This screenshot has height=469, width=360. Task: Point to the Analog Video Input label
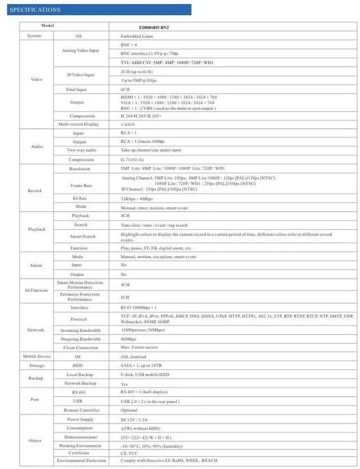(80, 51)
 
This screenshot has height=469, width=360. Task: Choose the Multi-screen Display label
(78, 124)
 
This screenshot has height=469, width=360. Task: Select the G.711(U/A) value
(132, 160)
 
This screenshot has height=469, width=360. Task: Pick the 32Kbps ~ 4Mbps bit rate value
(137, 199)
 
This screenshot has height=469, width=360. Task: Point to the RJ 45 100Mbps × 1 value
(138, 308)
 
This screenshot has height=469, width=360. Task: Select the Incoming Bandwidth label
(80, 330)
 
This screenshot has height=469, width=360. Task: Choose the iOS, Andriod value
(133, 356)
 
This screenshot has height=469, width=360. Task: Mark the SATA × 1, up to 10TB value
(140, 365)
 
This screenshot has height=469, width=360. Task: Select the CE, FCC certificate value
(129, 453)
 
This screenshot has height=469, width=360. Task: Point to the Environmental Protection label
(81, 461)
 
